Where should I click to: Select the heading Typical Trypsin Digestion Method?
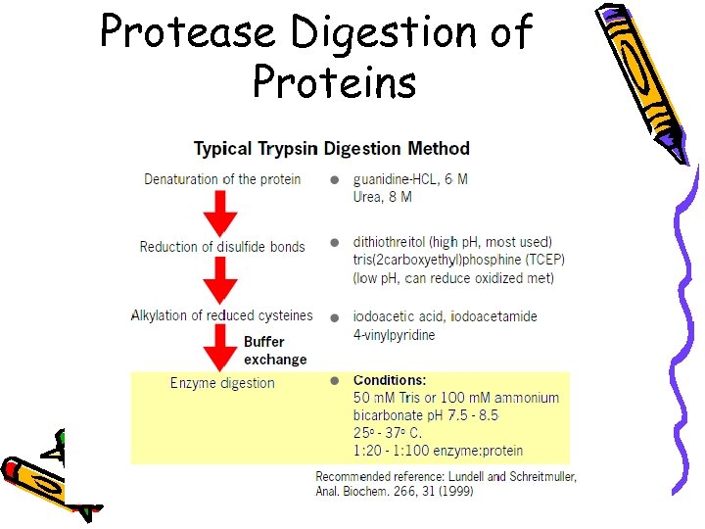tap(331, 149)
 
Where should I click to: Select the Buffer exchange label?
tap(275, 351)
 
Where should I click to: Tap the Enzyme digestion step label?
tap(222, 383)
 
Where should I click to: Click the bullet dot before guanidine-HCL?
tap(335, 180)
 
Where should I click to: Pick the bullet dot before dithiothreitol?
tap(335, 242)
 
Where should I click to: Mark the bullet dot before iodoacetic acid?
tap(335, 317)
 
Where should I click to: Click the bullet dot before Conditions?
tap(335, 380)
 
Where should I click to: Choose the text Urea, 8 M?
tap(383, 197)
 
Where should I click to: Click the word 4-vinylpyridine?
tap(395, 335)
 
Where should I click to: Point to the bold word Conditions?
tap(390, 380)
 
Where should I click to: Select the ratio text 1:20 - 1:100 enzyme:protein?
tap(438, 451)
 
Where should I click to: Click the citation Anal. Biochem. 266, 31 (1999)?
tap(394, 491)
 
